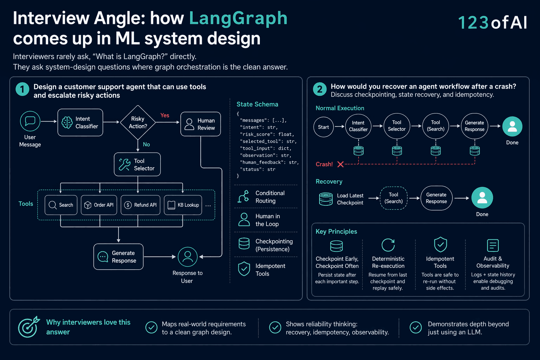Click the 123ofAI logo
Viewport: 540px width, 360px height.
(493, 22)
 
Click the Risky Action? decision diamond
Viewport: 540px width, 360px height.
(138, 122)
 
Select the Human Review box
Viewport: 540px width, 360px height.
(201, 124)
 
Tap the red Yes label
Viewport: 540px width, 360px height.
(165, 115)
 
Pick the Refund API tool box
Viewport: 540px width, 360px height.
(140, 205)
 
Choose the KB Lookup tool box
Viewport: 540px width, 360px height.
(183, 205)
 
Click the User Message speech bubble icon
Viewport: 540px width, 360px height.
(30, 121)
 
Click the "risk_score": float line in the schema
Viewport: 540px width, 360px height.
(267, 134)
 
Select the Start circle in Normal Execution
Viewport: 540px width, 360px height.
(323, 127)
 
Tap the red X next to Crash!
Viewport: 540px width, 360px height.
(340, 164)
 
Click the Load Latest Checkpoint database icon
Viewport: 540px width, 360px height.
(326, 199)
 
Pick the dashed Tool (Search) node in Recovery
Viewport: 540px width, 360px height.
(393, 198)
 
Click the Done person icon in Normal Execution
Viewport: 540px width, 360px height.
(512, 126)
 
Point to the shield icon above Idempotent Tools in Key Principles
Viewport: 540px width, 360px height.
(441, 244)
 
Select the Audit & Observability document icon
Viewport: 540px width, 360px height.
(493, 245)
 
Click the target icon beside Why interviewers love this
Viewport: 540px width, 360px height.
(28, 327)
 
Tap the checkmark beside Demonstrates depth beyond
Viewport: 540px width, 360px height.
(416, 327)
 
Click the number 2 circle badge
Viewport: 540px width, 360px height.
(320, 89)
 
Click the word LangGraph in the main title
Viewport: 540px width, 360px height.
(238, 18)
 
